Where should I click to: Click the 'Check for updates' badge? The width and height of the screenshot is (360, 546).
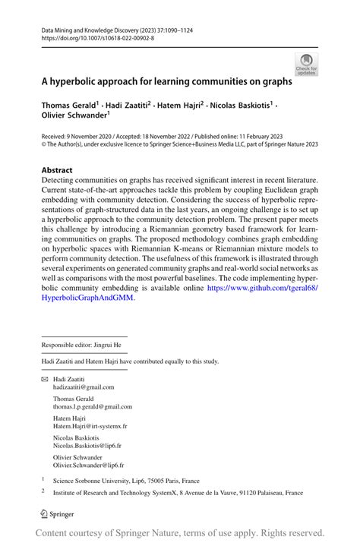[306, 65]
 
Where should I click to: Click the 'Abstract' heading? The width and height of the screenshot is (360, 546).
[57, 170]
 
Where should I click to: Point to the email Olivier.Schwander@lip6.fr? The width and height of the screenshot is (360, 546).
[88, 465]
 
